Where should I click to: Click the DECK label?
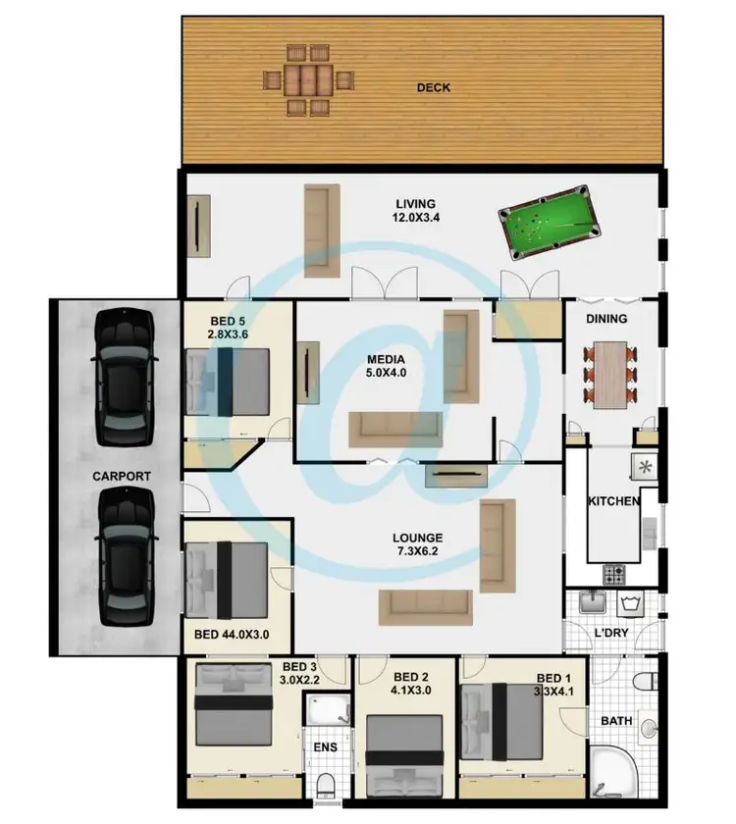coord(433,88)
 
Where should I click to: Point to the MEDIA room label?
coord(387,360)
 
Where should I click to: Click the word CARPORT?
coord(122,476)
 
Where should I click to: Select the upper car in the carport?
coord(122,375)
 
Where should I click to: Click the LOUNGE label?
coord(417,538)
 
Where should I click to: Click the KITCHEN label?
coord(613,501)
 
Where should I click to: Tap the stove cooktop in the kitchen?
coord(618,573)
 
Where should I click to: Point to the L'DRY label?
coord(611,634)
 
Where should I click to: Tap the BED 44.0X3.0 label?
coord(233,634)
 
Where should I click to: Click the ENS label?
coord(324,747)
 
